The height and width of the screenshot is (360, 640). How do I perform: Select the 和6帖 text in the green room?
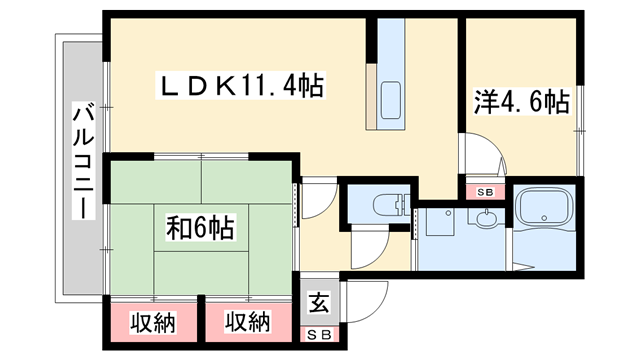pyautogui.click(x=200, y=230)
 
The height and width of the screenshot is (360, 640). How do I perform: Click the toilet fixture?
pyautogui.click(x=385, y=206)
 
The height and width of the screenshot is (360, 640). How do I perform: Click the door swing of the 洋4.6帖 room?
pyautogui.click(x=481, y=158)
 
